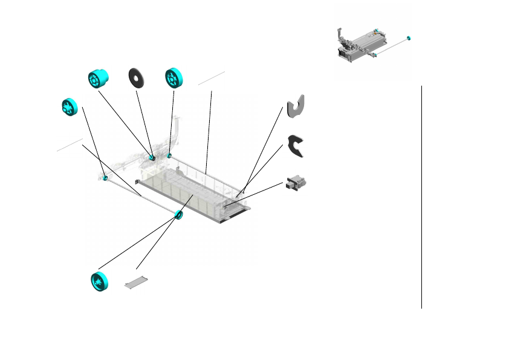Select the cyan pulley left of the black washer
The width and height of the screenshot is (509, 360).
pos(97,79)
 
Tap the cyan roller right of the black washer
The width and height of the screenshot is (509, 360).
pos(175,79)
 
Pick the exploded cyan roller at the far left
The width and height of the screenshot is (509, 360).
pos(70,107)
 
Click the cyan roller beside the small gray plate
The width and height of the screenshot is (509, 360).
pos(99,282)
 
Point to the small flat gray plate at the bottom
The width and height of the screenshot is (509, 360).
pos(136,282)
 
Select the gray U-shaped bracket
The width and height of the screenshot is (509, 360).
pos(294,106)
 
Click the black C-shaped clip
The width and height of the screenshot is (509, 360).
pos(295,146)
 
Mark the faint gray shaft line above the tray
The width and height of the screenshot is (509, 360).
pos(211,77)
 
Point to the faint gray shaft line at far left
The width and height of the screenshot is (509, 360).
pos(70,145)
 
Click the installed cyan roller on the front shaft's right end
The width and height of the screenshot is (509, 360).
pos(178,214)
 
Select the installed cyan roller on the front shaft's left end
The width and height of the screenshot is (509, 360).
pos(105,177)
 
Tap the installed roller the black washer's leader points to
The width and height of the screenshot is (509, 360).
pos(152,159)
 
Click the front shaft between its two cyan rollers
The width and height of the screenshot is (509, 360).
pos(142,196)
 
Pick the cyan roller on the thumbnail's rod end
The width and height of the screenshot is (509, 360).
pos(409,39)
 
